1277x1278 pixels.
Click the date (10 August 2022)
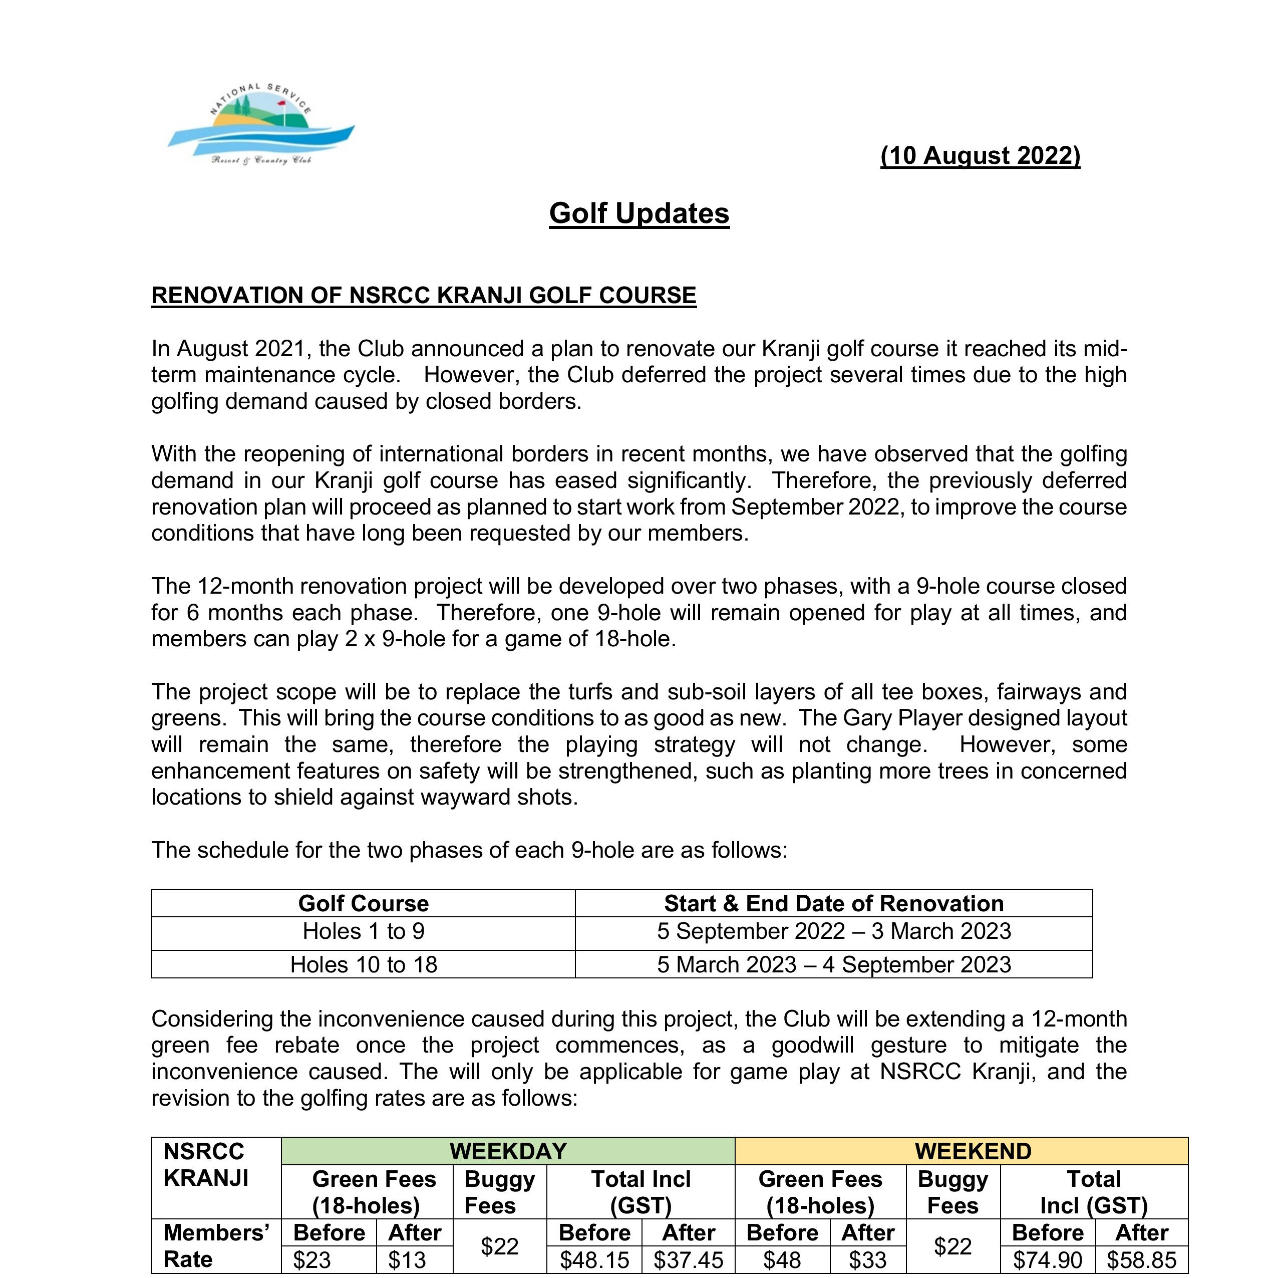click(980, 155)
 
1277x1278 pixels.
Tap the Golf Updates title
click(639, 213)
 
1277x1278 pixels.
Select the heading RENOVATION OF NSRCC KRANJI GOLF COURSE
click(423, 295)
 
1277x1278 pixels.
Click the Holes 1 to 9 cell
click(363, 931)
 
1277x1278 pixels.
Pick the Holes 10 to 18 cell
click(363, 964)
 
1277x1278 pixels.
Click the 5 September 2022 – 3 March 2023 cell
click(833, 931)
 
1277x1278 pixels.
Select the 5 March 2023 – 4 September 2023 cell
click(833, 964)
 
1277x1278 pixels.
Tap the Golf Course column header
click(363, 904)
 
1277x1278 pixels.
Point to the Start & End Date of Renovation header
click(833, 904)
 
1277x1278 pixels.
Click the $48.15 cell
click(594, 1260)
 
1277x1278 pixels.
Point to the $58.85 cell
click(1141, 1260)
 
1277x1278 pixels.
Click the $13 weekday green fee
click(407, 1260)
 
